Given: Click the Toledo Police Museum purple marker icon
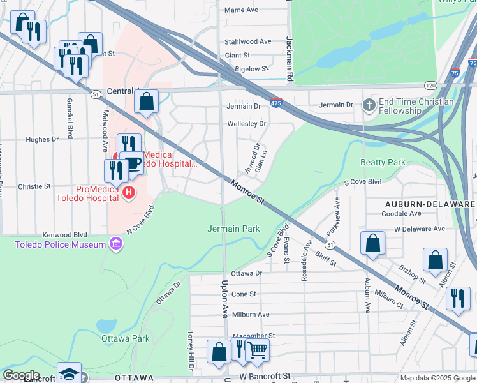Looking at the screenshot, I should [x=115, y=243].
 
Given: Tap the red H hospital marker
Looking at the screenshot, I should [x=129, y=192].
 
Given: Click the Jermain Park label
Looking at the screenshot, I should [x=233, y=229].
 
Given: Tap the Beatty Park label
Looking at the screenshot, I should [x=383, y=163].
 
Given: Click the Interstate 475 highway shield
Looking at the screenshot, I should [x=275, y=103].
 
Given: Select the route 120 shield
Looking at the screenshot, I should [x=431, y=85].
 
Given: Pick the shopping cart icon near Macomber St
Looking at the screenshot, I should [x=257, y=349].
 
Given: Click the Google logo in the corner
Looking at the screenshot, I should [x=21, y=375].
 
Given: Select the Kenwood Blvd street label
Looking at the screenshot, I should [x=64, y=234].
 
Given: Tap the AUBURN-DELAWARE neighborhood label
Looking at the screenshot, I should [x=430, y=203].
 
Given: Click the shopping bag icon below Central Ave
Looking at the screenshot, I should [x=146, y=101].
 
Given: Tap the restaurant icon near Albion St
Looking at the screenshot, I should [x=457, y=298].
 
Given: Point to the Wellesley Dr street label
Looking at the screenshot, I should [x=246, y=123].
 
